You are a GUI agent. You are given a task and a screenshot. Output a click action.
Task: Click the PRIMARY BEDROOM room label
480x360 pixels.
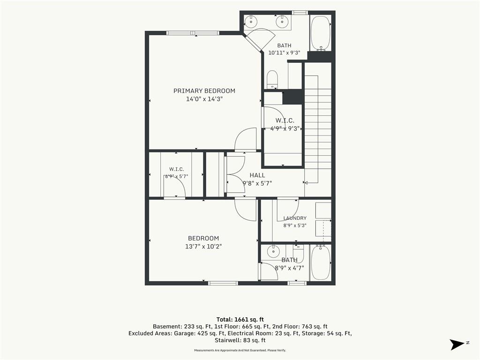click(x=204, y=90)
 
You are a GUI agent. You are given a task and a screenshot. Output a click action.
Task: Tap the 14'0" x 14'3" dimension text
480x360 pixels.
click(x=204, y=99)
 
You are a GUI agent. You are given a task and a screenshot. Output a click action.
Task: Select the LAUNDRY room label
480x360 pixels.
click(x=295, y=218)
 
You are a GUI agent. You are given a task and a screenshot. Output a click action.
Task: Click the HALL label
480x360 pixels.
click(x=257, y=175)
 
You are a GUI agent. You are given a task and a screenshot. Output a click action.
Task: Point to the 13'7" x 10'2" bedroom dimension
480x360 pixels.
click(x=203, y=246)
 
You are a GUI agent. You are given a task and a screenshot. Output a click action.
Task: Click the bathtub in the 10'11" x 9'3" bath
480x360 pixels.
click(x=321, y=33)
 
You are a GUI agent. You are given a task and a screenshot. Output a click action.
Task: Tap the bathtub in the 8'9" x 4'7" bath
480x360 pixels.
click(x=321, y=262)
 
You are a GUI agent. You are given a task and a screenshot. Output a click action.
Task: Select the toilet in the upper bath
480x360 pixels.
click(x=272, y=80)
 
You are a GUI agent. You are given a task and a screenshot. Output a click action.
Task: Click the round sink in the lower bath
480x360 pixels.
click(x=273, y=252)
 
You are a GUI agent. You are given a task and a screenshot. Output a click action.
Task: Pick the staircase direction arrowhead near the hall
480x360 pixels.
click(x=306, y=183)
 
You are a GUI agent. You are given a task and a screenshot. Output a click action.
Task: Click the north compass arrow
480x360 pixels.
click(x=457, y=345)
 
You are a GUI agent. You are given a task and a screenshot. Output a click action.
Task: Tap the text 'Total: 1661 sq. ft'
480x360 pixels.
click(x=240, y=320)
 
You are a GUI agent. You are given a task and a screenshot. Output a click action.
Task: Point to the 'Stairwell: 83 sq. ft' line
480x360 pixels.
click(x=240, y=340)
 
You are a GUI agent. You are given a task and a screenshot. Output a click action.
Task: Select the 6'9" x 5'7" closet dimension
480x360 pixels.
click(x=176, y=176)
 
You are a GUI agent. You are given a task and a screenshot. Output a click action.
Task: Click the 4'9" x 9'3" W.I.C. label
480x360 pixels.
click(x=285, y=128)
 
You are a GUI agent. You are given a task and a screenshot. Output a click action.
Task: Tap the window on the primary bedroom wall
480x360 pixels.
click(x=193, y=33)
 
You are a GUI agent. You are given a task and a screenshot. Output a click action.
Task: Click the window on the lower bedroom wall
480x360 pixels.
click(x=223, y=283)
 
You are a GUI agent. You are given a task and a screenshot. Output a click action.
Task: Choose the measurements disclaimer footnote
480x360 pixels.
click(x=240, y=350)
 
